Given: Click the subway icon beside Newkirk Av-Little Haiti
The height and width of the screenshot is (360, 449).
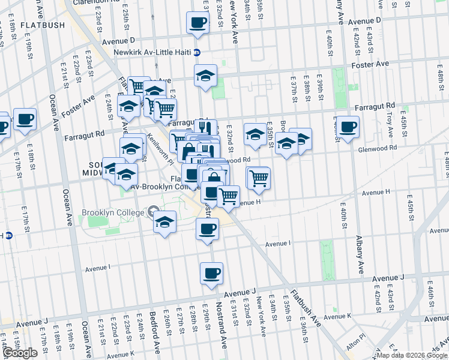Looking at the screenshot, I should point(196,52).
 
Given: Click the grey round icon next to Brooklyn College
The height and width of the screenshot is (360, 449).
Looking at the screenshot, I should point(152,212).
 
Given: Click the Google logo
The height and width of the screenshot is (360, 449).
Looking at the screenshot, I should point(20,353).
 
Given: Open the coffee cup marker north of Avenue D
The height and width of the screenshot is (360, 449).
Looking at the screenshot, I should point(198,24).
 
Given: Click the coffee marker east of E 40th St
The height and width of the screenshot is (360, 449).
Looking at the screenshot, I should point(348,127).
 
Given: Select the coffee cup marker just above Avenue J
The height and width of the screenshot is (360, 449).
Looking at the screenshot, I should point(211,274).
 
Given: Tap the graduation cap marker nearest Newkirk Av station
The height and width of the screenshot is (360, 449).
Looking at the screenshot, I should point(205,76).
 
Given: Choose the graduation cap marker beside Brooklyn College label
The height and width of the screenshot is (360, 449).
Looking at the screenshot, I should point(164,222).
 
